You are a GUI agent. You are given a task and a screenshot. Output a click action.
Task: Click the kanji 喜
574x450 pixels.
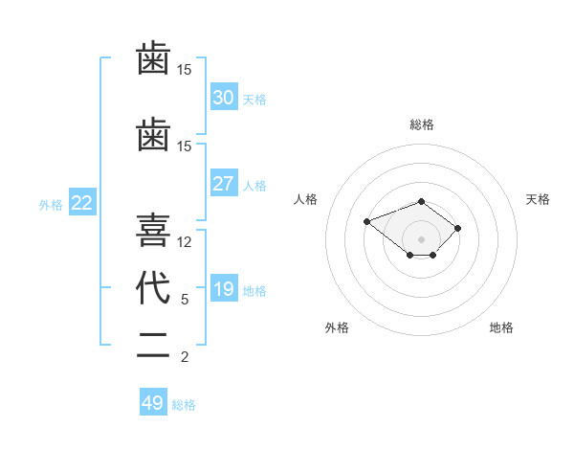(153, 230)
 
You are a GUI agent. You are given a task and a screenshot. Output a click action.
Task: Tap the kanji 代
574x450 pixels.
(153, 287)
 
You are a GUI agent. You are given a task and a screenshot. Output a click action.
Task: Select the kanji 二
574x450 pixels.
(153, 346)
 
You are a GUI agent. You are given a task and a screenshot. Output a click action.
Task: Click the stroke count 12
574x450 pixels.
(184, 242)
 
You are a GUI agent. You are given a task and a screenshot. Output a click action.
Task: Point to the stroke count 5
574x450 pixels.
(185, 300)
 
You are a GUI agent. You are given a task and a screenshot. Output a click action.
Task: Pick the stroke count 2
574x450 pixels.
(185, 357)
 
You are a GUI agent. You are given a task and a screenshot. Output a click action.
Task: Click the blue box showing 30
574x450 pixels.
(224, 97)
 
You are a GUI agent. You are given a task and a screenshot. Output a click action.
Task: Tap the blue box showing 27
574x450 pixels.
(224, 183)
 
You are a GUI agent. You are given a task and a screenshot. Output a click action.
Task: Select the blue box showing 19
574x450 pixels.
(224, 287)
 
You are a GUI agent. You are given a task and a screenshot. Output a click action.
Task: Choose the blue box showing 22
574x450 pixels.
(82, 202)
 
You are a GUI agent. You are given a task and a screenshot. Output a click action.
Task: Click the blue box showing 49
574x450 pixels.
(153, 401)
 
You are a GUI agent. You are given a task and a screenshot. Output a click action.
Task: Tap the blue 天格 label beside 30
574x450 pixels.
(254, 100)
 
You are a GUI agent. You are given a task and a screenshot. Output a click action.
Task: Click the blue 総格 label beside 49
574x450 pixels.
(184, 405)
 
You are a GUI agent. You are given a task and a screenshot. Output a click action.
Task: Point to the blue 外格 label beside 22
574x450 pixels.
(51, 205)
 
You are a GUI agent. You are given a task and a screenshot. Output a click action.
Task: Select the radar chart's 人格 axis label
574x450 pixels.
(305, 199)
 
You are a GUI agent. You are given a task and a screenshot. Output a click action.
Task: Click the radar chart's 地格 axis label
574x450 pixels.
(501, 327)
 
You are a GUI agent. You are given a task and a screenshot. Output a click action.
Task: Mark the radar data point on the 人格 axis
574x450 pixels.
(366, 222)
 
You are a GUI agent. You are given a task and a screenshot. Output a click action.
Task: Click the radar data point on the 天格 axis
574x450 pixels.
(457, 228)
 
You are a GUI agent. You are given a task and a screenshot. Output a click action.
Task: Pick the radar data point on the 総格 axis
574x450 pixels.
(421, 202)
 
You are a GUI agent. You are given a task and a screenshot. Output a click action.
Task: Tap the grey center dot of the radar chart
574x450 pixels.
(421, 239)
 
